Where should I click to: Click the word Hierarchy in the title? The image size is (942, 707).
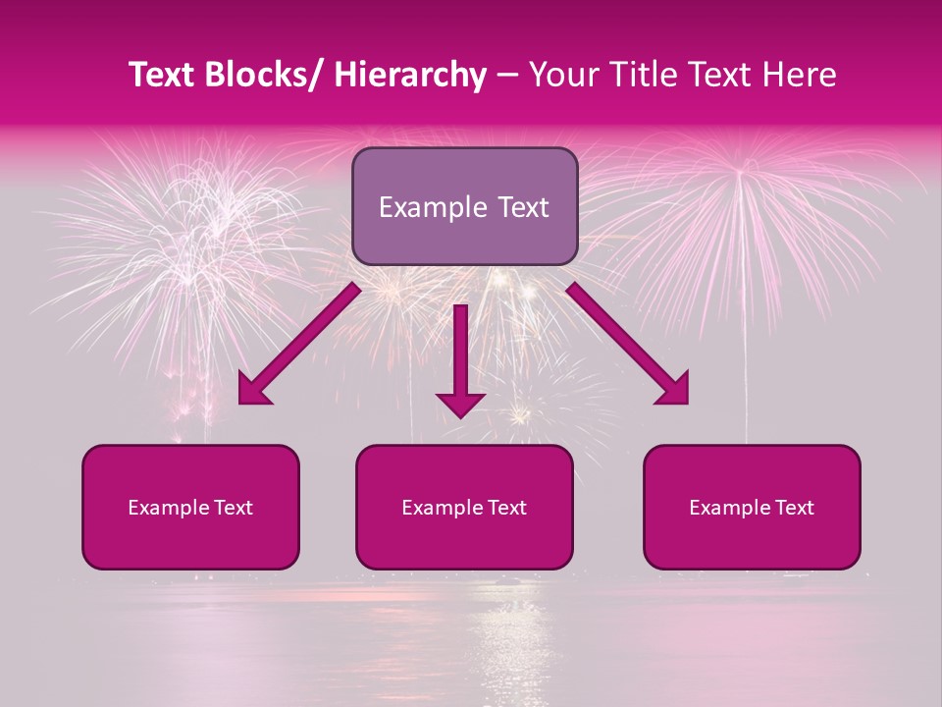[410, 76]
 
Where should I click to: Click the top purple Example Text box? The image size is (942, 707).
[464, 206]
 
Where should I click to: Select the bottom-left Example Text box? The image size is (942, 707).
[190, 507]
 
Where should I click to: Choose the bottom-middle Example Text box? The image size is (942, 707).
[464, 507]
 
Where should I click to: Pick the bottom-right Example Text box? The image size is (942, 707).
[752, 507]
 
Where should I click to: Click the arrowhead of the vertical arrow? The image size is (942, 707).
[460, 403]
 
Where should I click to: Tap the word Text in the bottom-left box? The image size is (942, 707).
[234, 508]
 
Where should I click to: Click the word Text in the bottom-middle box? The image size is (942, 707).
[507, 508]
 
